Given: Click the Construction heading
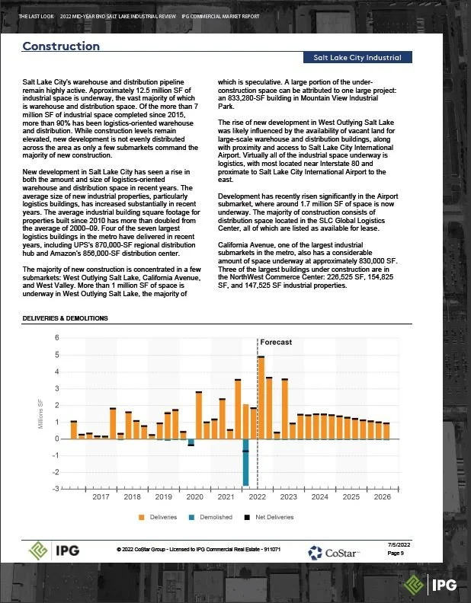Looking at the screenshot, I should pos(61,46).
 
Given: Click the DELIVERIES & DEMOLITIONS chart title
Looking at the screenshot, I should pos(65,318).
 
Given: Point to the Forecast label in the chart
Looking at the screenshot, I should pos(277,343).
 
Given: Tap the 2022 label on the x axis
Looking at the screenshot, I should pos(257,497).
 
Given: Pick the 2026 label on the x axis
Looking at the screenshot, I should pos(382,497).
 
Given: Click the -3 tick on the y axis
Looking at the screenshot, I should pos(55,489).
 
